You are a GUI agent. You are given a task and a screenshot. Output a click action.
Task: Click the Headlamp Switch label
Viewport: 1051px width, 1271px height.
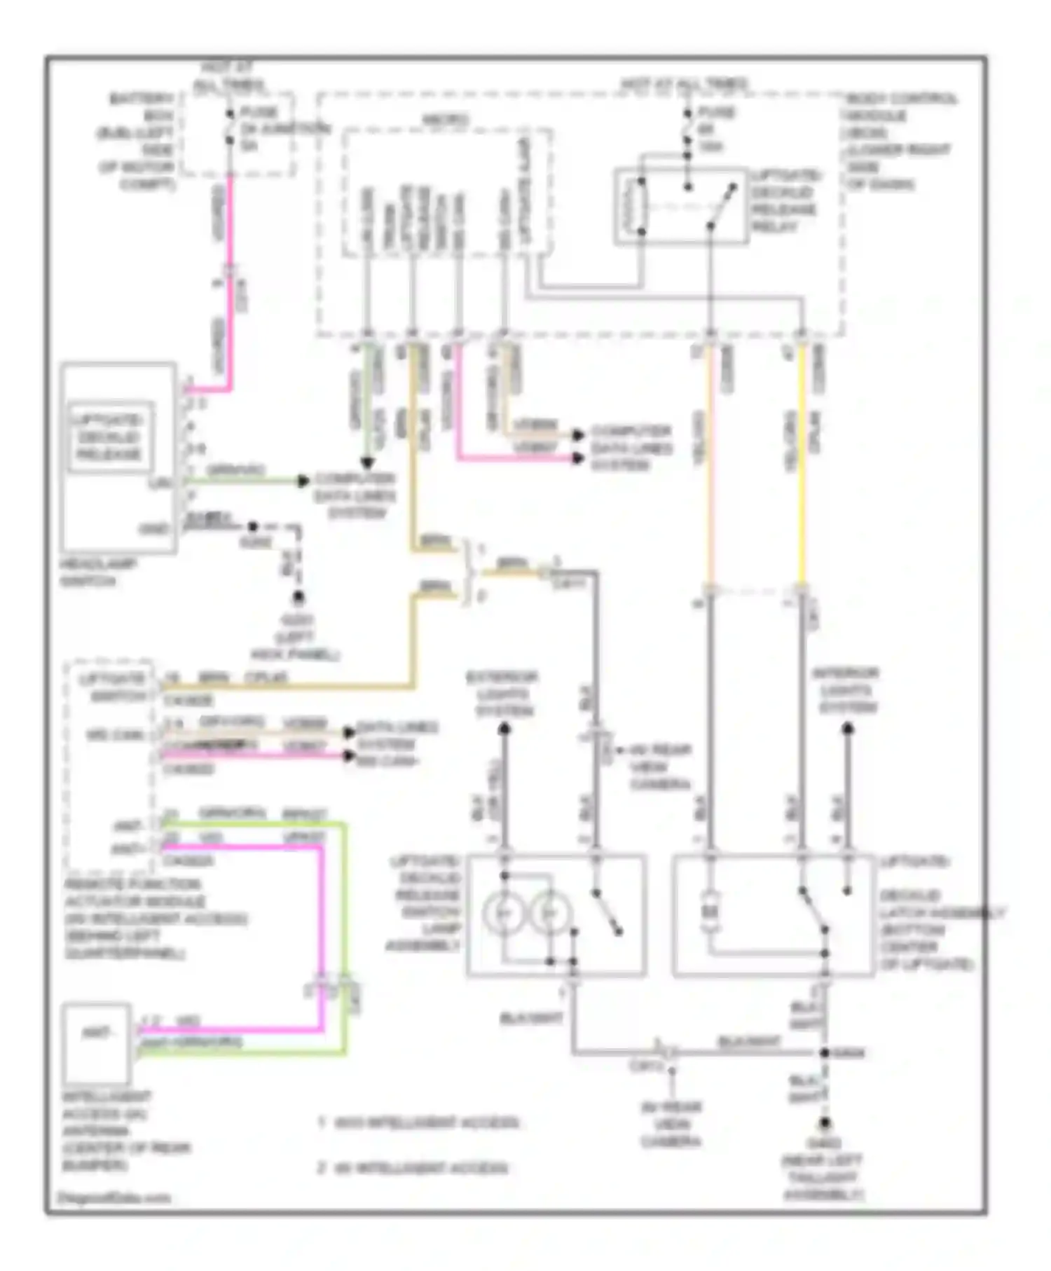(x=97, y=572)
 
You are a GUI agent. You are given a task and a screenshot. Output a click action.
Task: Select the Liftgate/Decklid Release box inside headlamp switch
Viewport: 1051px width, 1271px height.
(x=110, y=437)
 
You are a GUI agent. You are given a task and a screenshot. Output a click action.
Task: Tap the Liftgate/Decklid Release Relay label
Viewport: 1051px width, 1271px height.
(x=784, y=201)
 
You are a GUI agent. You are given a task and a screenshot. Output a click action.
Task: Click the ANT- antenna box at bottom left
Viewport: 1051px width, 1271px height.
(x=96, y=1043)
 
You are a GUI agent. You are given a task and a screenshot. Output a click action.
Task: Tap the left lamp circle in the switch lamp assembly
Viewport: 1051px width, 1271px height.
(x=503, y=914)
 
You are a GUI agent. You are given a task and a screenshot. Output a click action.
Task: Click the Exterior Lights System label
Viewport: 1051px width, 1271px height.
(x=502, y=694)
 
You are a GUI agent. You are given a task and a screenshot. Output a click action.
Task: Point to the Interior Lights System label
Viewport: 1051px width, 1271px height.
(x=846, y=691)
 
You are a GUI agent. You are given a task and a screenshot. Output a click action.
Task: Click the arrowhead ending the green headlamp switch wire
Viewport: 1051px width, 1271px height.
(x=303, y=481)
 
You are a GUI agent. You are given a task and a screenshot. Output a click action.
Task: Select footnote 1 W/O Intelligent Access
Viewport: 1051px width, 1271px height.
(x=419, y=1122)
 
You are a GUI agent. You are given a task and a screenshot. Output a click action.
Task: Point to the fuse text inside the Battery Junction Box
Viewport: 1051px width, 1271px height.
(x=266, y=129)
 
